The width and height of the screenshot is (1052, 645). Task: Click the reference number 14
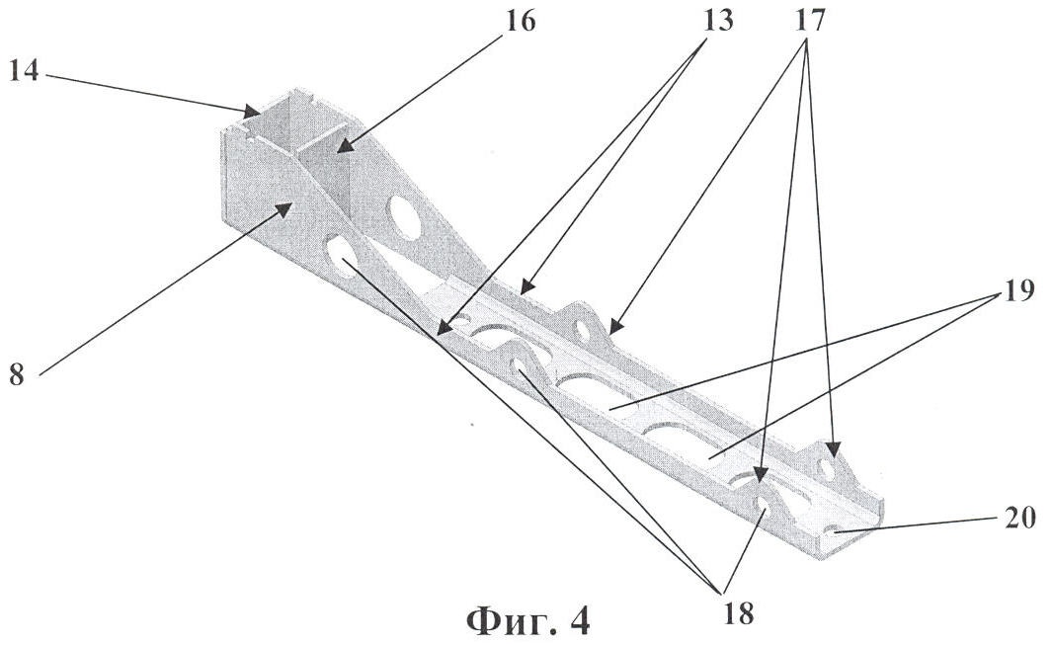24,70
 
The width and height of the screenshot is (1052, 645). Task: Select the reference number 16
520,22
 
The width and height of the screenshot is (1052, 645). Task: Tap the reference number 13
717,21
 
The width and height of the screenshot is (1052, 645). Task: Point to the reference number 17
809,21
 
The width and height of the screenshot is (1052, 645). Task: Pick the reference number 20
1020,518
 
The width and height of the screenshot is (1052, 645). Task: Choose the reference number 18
738,612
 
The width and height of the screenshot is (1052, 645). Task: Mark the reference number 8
17,374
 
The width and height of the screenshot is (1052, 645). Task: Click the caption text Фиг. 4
528,620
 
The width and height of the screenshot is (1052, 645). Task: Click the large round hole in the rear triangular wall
407,216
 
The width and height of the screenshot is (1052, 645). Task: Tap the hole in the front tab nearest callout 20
765,504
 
